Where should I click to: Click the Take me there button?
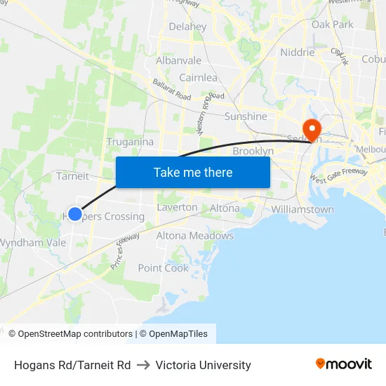[193, 172]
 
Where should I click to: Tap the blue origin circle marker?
[75, 213]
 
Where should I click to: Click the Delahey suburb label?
[187, 27]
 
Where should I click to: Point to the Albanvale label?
[178, 61]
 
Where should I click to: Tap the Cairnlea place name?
[198, 78]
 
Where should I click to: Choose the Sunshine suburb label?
[246, 117]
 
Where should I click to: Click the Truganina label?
[130, 142]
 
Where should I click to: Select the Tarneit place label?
[72, 176]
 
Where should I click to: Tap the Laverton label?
[177, 208]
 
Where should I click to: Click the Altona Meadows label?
[194, 236]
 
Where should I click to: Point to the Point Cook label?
[164, 268]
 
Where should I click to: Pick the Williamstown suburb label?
[302, 210]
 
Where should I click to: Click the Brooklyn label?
[253, 151]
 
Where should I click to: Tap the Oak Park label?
[333, 25]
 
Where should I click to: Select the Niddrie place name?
[297, 53]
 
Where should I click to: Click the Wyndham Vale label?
[32, 243]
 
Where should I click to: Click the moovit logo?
[344, 364]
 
